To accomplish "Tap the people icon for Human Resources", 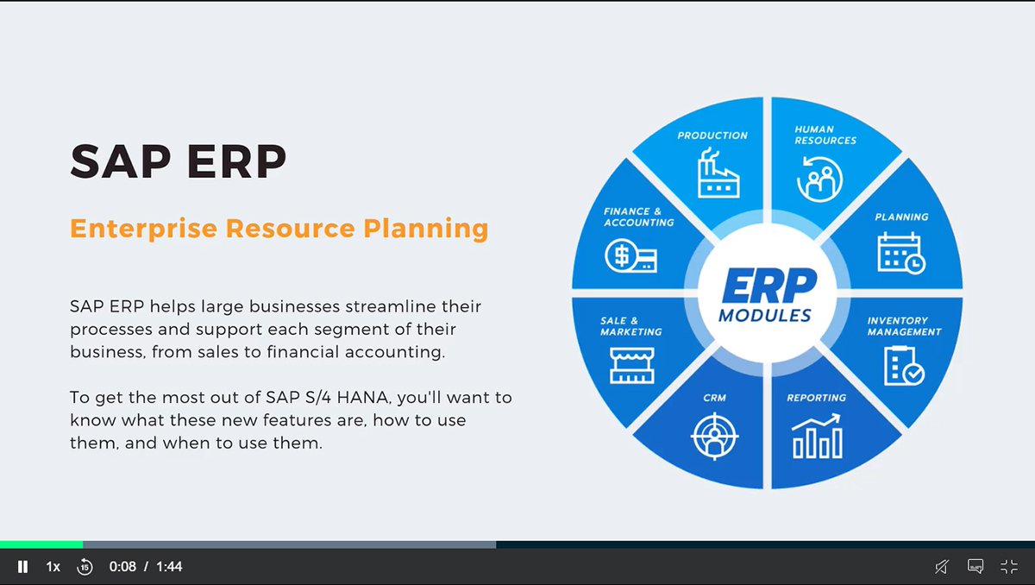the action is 819,179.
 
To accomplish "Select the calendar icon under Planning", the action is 901,253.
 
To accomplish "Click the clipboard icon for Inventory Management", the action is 904,366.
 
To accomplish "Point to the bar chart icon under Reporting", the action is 817,437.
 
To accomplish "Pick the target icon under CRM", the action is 715,437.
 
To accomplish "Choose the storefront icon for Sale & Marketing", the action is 631,366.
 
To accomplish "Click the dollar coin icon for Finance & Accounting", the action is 630,255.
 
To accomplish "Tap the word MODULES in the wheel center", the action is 765,316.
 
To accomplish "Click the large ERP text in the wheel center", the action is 768,286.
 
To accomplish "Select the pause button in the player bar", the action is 22,567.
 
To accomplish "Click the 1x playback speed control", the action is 53,567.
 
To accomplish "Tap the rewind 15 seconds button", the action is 85,567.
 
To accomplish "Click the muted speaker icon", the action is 942,567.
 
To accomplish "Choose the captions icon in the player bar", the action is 975,567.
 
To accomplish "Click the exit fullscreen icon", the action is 1009,567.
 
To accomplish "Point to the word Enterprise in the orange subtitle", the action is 144,230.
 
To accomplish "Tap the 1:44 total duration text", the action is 169,567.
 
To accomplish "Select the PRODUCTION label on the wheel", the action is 712,135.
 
